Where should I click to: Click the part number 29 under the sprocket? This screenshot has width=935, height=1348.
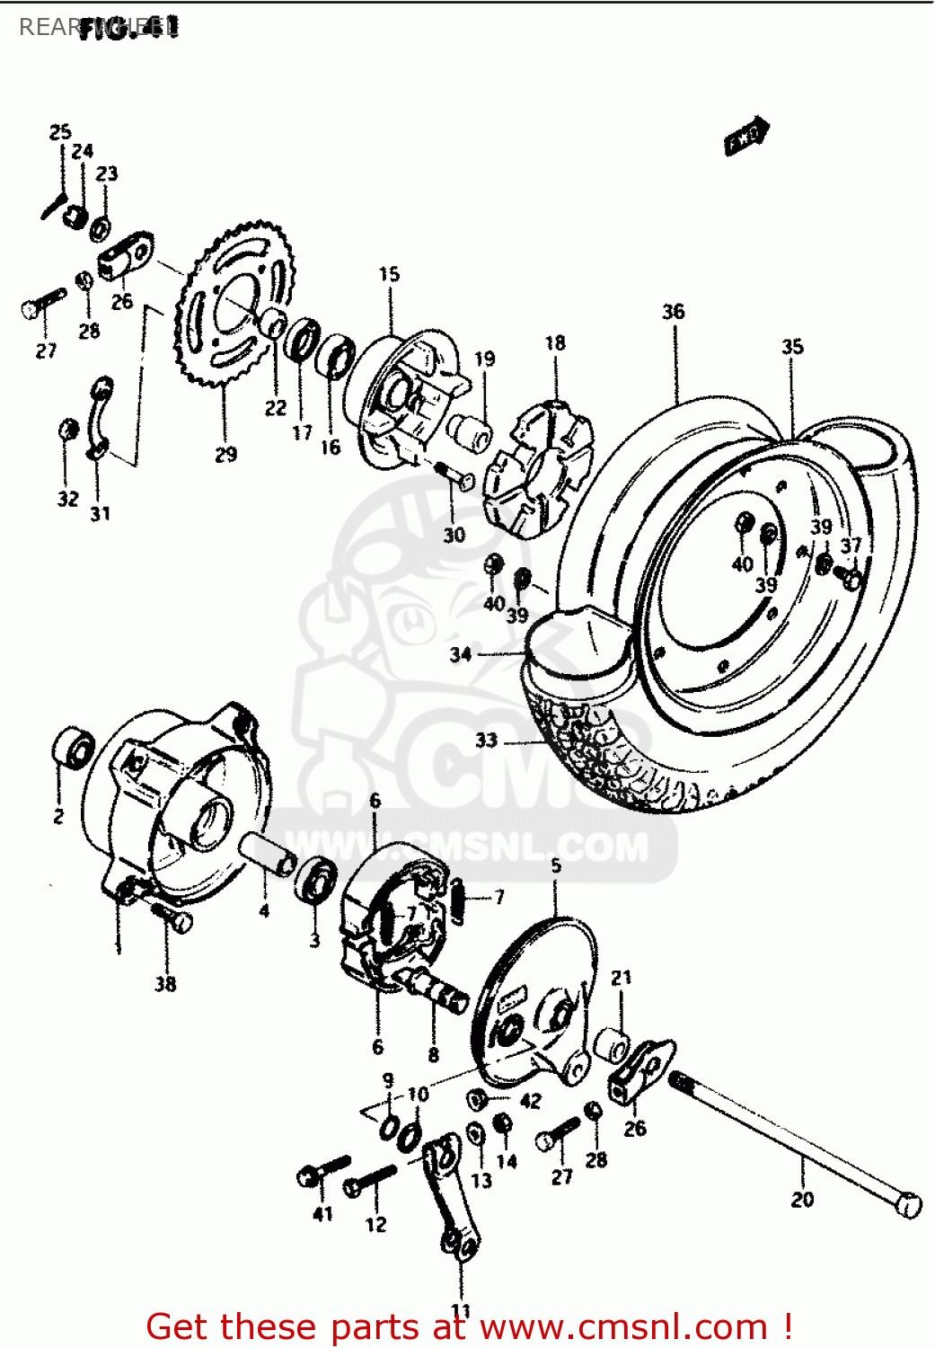pyautogui.click(x=225, y=455)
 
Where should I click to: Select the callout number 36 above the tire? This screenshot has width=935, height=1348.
pyautogui.click(x=674, y=312)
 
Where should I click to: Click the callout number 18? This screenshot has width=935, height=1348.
pyautogui.click(x=555, y=342)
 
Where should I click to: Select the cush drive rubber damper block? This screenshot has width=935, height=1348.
pyautogui.click(x=537, y=471)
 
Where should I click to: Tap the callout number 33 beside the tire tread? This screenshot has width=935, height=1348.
pyautogui.click(x=486, y=741)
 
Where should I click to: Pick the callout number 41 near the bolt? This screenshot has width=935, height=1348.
pyautogui.click(x=322, y=1214)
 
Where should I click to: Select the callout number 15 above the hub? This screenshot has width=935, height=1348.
pyautogui.click(x=389, y=274)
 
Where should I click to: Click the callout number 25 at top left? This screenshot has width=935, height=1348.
pyautogui.click(x=60, y=132)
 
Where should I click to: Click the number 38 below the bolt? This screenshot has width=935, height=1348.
pyautogui.click(x=165, y=984)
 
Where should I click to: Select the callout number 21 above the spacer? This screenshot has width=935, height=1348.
pyautogui.click(x=622, y=978)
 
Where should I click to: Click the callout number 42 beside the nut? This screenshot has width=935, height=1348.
pyautogui.click(x=531, y=1101)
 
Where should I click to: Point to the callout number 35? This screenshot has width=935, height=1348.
pyautogui.click(x=792, y=347)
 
